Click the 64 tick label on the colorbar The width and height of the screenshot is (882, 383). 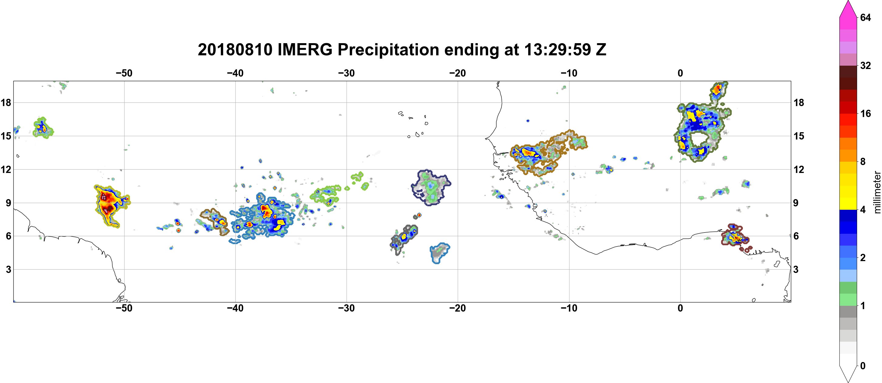[x=866, y=17]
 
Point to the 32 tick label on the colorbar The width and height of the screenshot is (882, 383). [x=866, y=65]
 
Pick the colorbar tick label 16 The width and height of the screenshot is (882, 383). [x=866, y=113]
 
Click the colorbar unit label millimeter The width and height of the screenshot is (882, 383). [x=877, y=192]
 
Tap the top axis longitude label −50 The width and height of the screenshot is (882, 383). [x=124, y=73]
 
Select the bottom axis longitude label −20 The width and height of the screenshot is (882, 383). [x=458, y=308]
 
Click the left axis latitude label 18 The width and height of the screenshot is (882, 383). [x=6, y=102]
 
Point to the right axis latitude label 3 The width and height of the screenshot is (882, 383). [x=796, y=269]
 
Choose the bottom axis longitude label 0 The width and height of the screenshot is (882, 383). [x=680, y=308]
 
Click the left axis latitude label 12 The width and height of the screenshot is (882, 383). [x=6, y=169]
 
